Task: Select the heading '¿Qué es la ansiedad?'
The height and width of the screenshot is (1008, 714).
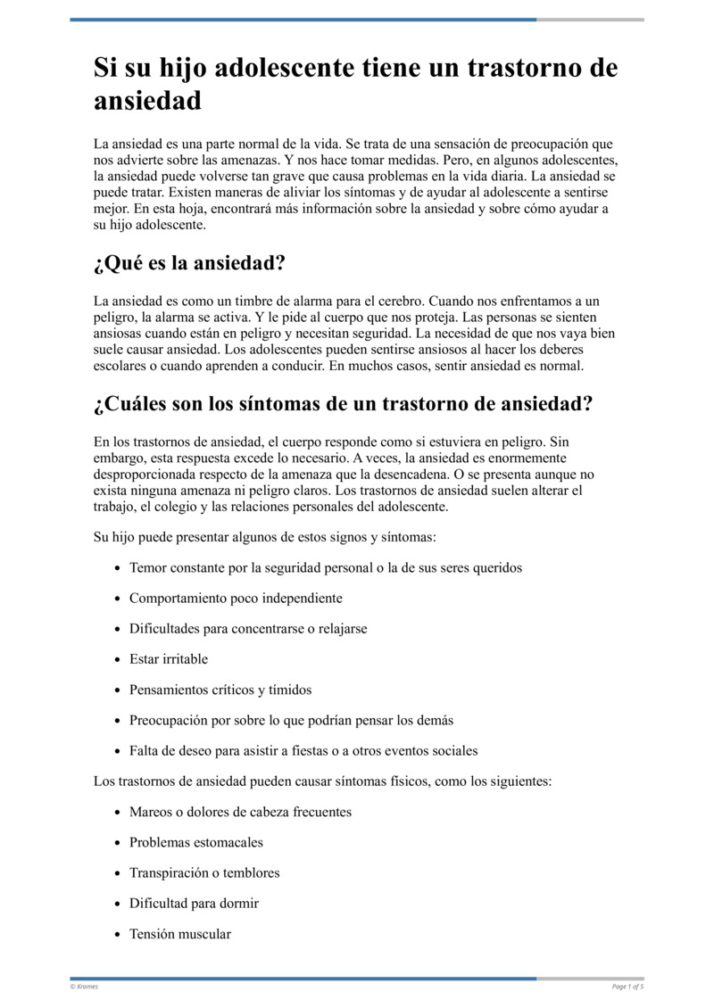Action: point(189,264)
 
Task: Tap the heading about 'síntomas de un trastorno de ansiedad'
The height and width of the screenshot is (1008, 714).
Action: point(343,403)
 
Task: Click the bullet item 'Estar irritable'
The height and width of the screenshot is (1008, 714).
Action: point(169,659)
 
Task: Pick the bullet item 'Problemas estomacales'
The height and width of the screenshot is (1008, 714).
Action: point(196,842)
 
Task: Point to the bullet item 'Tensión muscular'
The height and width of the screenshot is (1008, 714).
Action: point(180,934)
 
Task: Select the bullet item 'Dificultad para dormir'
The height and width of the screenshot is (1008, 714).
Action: point(194,903)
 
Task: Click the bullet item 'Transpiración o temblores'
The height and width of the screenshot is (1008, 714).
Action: point(204,872)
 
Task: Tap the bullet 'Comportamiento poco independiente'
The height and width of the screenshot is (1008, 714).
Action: point(236,598)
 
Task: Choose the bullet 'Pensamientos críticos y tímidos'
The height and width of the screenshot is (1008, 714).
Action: point(220,690)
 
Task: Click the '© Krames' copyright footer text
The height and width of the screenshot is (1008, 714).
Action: point(84,987)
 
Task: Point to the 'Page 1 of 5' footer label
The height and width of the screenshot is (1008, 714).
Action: point(627,987)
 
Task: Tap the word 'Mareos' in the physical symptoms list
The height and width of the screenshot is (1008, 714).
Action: point(150,812)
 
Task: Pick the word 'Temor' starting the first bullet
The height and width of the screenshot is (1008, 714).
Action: point(148,567)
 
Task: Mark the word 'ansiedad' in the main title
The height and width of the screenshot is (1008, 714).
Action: point(147,101)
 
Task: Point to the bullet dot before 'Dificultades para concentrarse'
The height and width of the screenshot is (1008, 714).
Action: point(120,629)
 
